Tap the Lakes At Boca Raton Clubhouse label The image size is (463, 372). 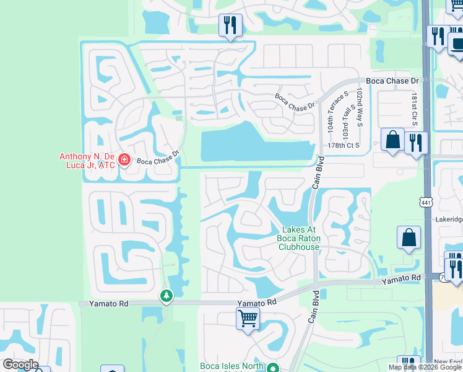click(300, 238)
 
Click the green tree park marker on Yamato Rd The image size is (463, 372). click(166, 296)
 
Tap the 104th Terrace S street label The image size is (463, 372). click(331, 117)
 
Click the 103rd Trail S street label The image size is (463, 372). click(345, 122)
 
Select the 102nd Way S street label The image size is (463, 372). click(360, 108)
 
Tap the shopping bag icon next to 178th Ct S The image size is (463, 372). click(392, 139)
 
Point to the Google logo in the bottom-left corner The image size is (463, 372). click(20, 365)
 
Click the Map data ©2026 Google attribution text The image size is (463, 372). click(425, 367)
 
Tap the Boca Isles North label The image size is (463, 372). click(232, 366)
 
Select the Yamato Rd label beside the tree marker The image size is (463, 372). click(97, 304)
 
